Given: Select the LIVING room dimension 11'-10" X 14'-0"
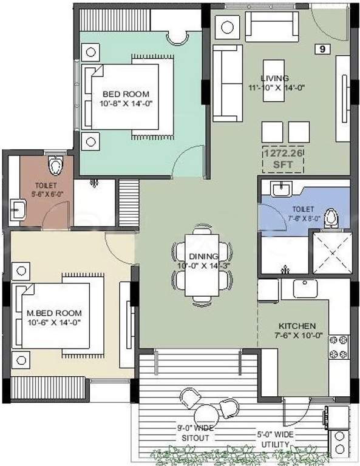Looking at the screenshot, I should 274,87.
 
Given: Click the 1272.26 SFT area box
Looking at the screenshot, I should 282,159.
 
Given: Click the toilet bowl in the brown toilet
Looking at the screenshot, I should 56,164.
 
